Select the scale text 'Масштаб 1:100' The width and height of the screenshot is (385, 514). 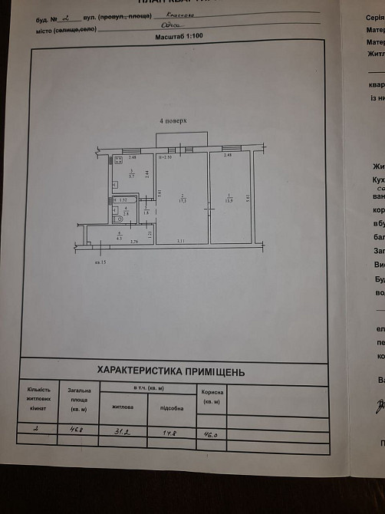(x=179, y=36)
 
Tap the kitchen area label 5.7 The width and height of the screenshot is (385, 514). (x=132, y=176)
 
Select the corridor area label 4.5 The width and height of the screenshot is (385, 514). (x=120, y=237)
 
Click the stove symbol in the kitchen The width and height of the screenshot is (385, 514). (x=114, y=162)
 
